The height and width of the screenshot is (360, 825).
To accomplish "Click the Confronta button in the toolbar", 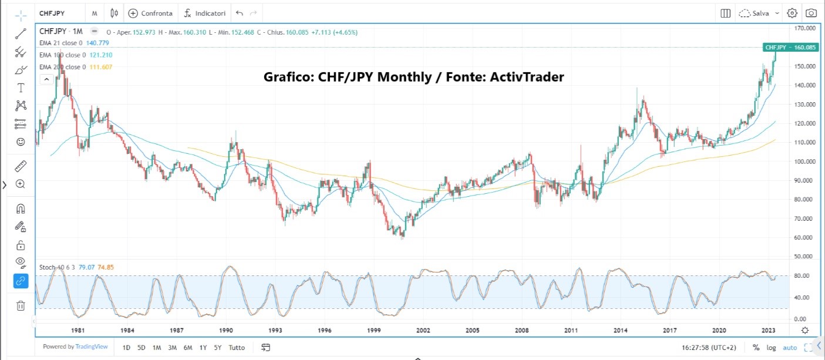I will pyautogui.click(x=151, y=13).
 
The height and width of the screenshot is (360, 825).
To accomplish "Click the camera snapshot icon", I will pyautogui.click(x=811, y=13).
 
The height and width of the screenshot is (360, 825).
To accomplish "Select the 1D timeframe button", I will pyautogui.click(x=126, y=348).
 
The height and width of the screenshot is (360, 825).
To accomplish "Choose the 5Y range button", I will pyautogui.click(x=218, y=348).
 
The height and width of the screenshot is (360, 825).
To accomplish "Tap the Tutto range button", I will pyautogui.click(x=236, y=348).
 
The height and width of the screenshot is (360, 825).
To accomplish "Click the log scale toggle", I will pyautogui.click(x=770, y=348).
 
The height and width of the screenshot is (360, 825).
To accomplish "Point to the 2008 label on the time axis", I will pyautogui.click(x=522, y=331).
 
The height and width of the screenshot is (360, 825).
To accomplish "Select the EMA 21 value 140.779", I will pyautogui.click(x=99, y=43).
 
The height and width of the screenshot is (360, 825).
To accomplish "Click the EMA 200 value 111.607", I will pyautogui.click(x=100, y=67).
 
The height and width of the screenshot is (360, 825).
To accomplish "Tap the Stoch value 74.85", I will pyautogui.click(x=106, y=267).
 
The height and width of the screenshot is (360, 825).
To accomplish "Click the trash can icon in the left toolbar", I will pyautogui.click(x=21, y=305).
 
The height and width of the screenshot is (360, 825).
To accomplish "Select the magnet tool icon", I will pyautogui.click(x=21, y=208).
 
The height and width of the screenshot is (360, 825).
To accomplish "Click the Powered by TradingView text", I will pyautogui.click(x=75, y=347).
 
